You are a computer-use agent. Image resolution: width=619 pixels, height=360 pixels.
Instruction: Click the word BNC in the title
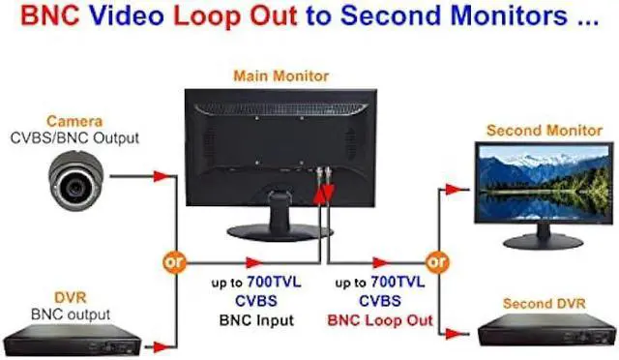pos(50,15)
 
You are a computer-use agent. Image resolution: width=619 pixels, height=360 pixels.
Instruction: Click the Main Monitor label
pos(281,75)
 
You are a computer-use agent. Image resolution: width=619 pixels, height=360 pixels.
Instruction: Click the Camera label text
pos(74,121)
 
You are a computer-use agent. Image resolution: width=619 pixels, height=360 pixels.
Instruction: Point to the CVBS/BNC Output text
pos(74,138)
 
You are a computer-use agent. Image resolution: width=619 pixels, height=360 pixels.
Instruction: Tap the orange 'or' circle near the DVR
pos(174,261)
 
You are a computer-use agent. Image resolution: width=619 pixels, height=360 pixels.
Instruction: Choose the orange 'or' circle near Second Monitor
pos(436,261)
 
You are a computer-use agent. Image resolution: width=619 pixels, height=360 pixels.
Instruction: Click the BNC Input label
pos(256,320)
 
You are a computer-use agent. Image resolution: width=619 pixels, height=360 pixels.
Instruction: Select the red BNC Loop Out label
pos(380,320)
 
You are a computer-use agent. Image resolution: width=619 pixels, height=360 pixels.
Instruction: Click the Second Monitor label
pos(545,131)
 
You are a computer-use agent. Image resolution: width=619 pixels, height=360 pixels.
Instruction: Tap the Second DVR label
pos(544,304)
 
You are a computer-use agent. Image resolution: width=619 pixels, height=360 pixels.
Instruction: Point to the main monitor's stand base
pos(280,232)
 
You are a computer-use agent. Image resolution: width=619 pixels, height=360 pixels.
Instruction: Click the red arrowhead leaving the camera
pos(162,176)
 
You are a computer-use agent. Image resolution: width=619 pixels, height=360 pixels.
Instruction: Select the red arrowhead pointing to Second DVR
pos(454,334)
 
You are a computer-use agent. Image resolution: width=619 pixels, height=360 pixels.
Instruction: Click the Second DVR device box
pos(547,330)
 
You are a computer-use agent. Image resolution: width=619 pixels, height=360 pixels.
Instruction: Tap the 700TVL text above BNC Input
pos(274,283)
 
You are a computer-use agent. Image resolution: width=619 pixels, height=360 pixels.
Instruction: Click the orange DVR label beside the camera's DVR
pos(71,297)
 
